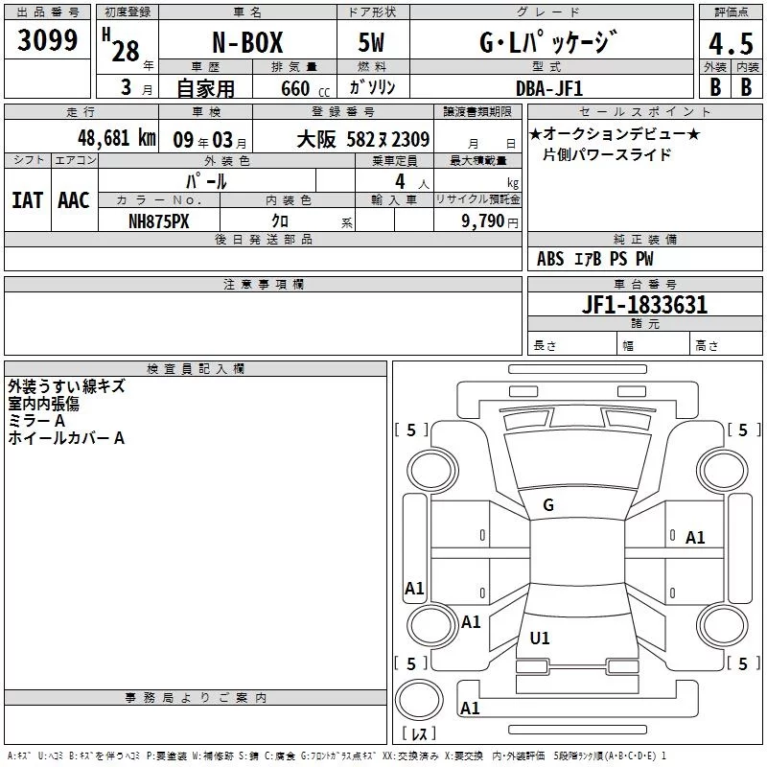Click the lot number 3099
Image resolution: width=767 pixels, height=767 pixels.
click(47, 40)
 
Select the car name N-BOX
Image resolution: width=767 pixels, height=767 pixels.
click(247, 42)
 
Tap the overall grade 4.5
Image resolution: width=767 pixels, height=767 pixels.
click(731, 44)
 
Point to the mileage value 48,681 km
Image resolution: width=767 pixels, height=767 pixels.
click(117, 138)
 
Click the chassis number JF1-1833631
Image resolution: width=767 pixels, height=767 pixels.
click(644, 305)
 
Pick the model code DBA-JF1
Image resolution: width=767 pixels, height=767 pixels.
click(549, 88)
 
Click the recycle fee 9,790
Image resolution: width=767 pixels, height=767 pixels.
click(483, 221)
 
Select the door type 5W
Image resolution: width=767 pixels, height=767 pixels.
click(371, 42)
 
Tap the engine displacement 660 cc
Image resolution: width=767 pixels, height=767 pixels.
click(305, 89)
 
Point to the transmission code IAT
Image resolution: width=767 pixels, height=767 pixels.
click(28, 200)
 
